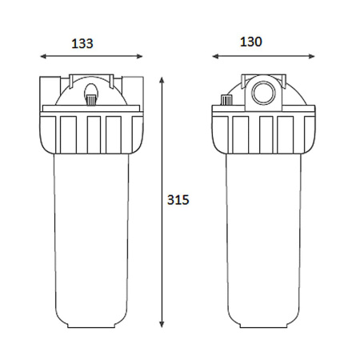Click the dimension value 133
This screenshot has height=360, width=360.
(82, 44)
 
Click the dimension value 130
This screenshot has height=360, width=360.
(251, 42)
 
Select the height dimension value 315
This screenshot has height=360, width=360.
(178, 200)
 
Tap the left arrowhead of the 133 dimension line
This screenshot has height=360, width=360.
(43, 56)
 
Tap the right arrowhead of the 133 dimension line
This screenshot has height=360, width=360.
(140, 56)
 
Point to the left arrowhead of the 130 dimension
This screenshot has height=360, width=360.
(215, 56)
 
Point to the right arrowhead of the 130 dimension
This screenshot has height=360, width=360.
(312, 56)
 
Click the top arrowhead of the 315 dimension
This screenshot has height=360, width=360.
(162, 80)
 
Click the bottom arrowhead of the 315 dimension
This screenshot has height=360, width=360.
(162, 324)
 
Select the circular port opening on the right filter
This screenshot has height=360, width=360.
(264, 93)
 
